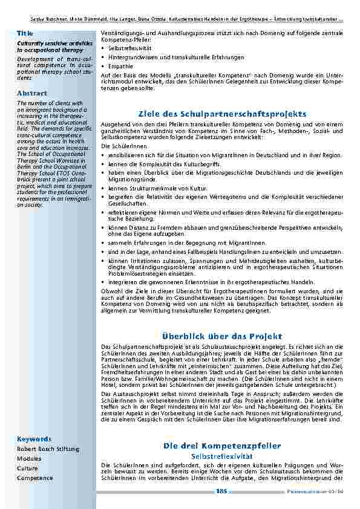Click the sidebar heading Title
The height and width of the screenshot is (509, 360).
pyautogui.click(x=25, y=31)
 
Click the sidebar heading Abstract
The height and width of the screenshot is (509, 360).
pyautogui.click(x=32, y=93)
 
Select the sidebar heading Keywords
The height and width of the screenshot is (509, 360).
pyautogui.click(x=34, y=439)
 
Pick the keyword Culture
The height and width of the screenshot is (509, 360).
pyautogui.click(x=27, y=468)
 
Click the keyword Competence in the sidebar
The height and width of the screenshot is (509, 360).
pyautogui.click(x=35, y=478)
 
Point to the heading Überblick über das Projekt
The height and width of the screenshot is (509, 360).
pyautogui.click(x=223, y=336)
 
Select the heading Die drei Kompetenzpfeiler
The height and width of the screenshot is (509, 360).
pyautogui.click(x=222, y=446)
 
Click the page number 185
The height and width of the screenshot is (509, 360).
pyautogui.click(x=221, y=493)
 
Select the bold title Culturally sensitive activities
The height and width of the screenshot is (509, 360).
pyautogui.click(x=54, y=42)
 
